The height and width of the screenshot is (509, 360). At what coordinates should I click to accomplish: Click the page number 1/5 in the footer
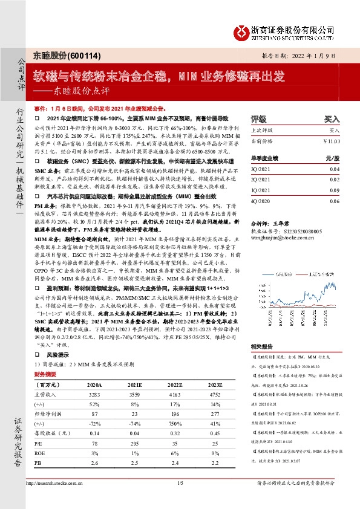180,499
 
